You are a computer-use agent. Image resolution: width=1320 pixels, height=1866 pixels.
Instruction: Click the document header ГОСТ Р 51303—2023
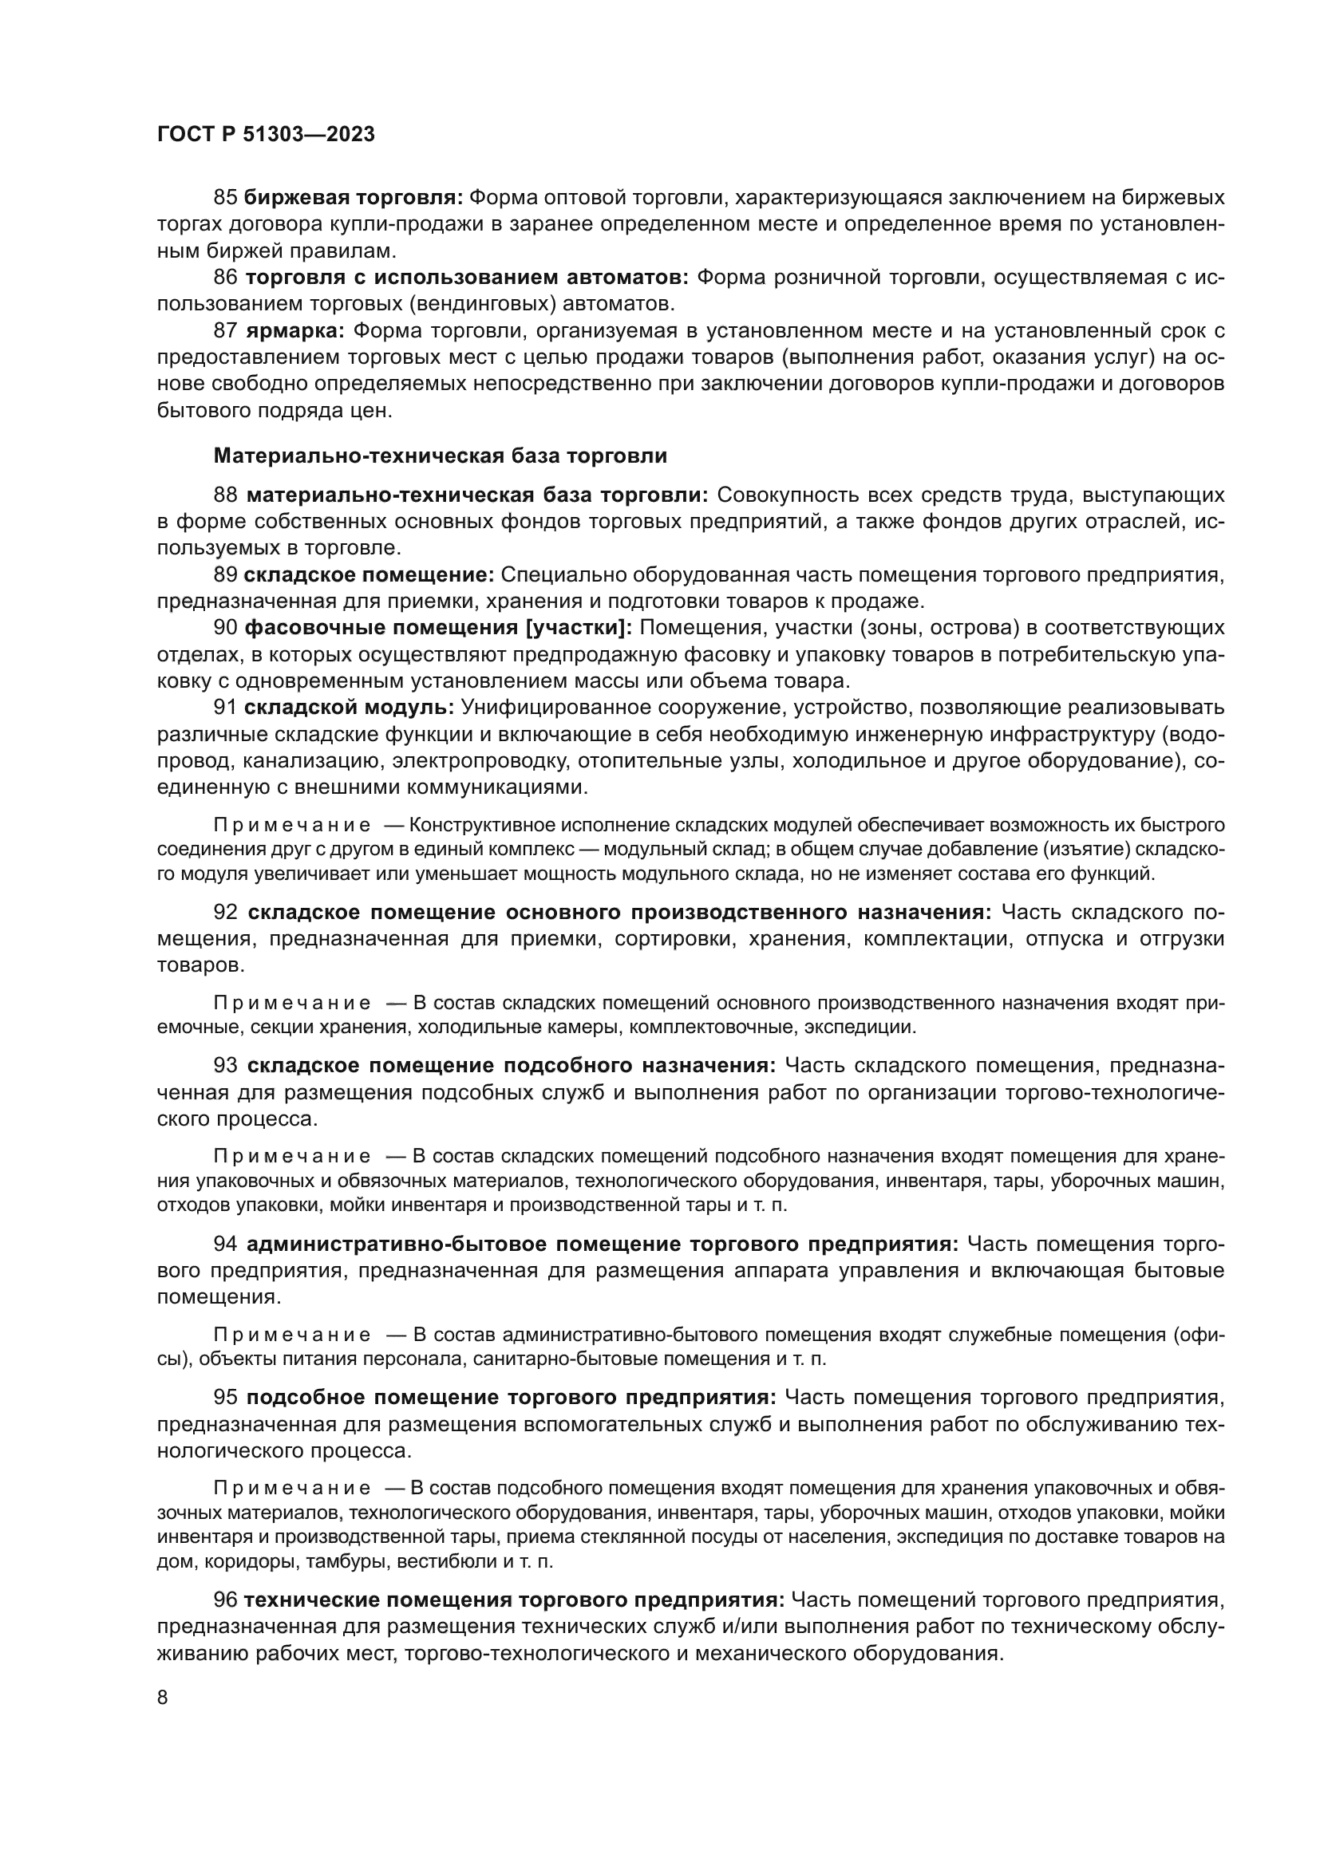(266, 135)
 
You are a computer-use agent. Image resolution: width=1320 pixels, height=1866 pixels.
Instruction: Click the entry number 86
(225, 277)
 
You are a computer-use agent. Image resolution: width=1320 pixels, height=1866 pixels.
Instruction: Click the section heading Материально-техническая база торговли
(440, 456)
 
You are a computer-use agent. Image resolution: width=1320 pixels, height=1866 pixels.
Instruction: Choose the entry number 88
(225, 495)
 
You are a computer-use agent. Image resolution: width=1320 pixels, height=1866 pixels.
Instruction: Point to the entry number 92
(225, 913)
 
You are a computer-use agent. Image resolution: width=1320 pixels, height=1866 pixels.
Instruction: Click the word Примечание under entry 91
(292, 826)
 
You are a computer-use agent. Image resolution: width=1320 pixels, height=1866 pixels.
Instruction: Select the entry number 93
(225, 1066)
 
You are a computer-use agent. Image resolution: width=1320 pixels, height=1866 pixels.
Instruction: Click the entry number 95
(225, 1397)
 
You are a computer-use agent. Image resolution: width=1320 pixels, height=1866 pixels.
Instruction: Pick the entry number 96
(225, 1600)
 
